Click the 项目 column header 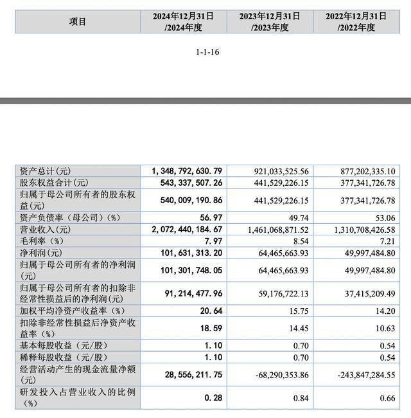click(78, 21)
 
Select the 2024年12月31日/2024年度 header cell click(183, 21)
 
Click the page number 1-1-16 click(206, 52)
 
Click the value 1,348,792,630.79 click(187, 170)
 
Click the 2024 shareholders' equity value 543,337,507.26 click(187, 184)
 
